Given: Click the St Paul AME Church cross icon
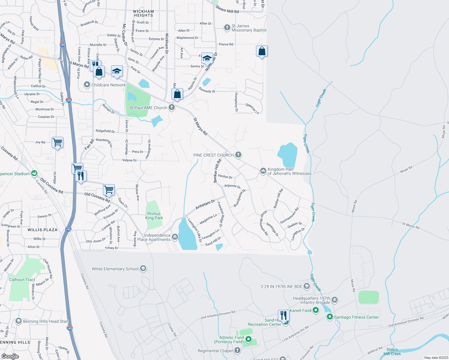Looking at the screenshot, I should point(172,107).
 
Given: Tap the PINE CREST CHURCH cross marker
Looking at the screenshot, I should point(238,155).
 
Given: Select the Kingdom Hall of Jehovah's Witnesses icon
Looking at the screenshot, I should point(263,171).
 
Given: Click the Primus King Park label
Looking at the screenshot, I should point(154,216).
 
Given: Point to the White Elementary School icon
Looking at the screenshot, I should point(143,268).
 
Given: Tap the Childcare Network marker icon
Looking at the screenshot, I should point(87,85).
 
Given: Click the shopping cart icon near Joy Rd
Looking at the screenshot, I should point(57,142).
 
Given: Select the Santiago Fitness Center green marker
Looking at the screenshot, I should point(330,317).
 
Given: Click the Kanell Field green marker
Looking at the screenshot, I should point(316,310).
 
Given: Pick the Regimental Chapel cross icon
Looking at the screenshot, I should point(237,350).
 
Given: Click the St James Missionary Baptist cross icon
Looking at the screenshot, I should point(227,28).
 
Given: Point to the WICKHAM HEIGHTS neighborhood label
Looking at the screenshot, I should point(143,13).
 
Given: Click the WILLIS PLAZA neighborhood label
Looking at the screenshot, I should point(42,230).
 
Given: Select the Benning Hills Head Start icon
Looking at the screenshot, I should point(19,321).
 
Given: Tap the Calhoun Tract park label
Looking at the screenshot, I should point(22,280).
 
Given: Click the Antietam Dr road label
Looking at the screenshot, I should point(205,204).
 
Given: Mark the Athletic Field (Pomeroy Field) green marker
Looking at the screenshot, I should point(249,339).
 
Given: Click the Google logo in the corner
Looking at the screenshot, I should point(10,356).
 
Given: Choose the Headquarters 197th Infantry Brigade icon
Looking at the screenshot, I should point(335,300).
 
